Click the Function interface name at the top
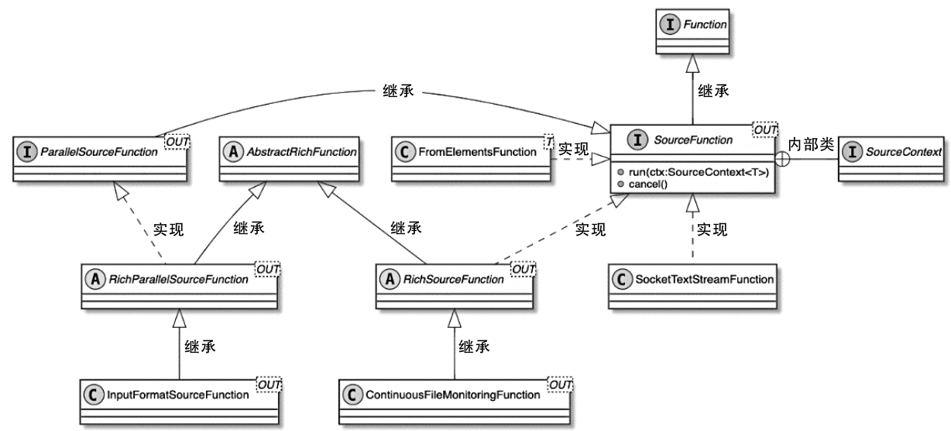pos(706,25)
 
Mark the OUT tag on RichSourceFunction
pos(524,267)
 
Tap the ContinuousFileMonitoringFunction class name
pos(452,395)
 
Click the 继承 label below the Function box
pos(713,91)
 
